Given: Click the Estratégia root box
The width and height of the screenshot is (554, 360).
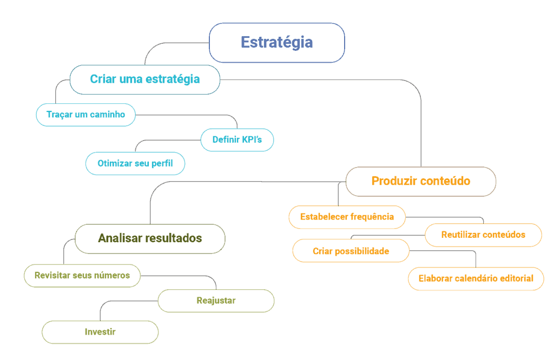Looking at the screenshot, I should [x=276, y=42].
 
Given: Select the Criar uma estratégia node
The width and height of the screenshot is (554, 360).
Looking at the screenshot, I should [x=145, y=79].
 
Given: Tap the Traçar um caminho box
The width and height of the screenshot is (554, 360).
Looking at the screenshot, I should [x=85, y=115].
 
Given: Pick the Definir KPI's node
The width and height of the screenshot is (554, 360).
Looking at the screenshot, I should [x=237, y=139].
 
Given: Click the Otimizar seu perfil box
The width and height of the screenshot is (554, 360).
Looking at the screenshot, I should [x=135, y=163].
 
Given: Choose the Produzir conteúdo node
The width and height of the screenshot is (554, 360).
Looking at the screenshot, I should [x=420, y=181].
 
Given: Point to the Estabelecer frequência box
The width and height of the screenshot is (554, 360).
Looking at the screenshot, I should [x=347, y=217].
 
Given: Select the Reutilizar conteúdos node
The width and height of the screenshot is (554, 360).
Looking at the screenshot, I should [x=483, y=235].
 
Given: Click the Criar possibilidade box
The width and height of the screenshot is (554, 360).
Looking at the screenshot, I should [x=351, y=251].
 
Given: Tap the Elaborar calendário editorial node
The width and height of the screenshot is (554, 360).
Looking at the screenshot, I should [x=476, y=278].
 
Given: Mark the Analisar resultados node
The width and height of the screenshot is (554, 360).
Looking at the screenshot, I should [x=150, y=238].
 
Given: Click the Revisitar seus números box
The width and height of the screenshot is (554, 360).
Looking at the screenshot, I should [x=82, y=275].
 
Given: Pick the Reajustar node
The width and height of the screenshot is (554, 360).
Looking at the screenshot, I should [x=216, y=301].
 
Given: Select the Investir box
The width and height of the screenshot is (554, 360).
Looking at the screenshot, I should [x=100, y=332].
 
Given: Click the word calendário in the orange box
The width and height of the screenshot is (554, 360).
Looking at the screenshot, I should [x=479, y=278].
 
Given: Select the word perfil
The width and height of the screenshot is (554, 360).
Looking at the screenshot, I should [x=162, y=163].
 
